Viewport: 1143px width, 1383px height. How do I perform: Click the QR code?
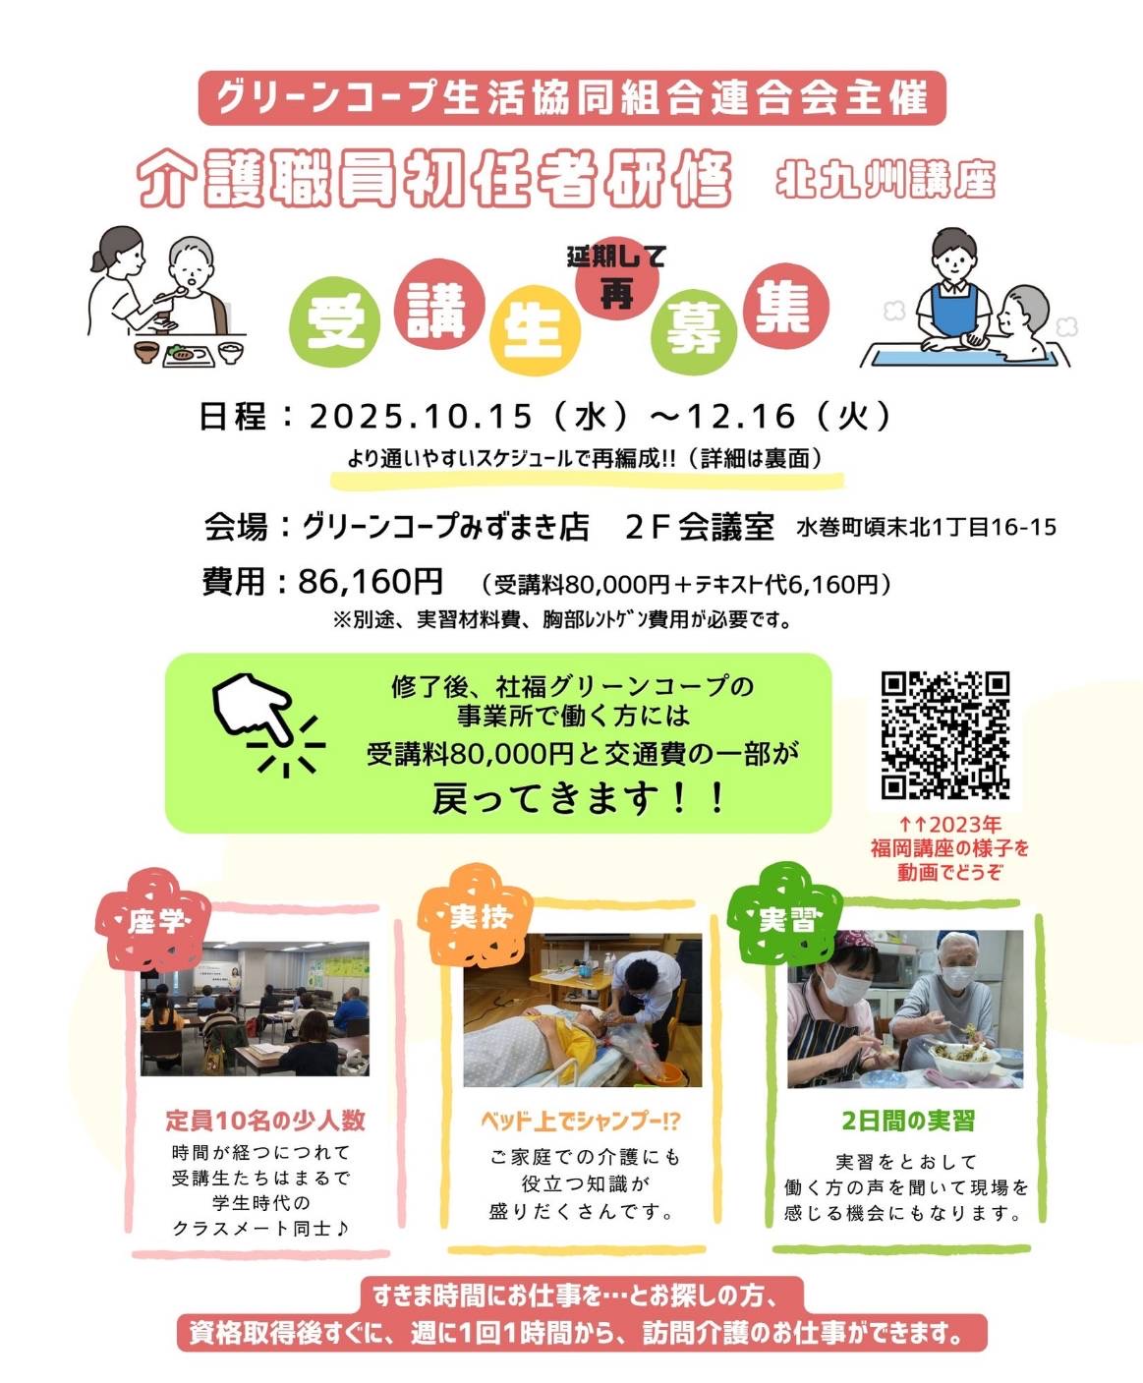(x=945, y=735)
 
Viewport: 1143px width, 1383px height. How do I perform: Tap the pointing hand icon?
(x=253, y=708)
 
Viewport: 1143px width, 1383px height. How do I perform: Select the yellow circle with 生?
(x=535, y=329)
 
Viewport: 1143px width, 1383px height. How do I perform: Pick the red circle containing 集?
(x=786, y=306)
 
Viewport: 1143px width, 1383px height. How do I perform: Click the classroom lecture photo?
(x=255, y=1008)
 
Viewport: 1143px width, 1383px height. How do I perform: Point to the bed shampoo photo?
(x=583, y=1009)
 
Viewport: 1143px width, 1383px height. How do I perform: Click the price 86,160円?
(x=371, y=582)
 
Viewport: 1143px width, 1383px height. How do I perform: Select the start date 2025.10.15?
(x=421, y=417)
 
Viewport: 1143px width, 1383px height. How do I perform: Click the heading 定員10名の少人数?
(x=265, y=1121)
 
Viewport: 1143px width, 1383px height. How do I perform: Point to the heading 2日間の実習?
(x=908, y=1121)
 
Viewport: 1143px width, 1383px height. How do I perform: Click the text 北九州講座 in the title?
(x=886, y=180)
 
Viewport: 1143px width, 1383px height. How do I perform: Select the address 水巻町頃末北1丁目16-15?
(x=927, y=527)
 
